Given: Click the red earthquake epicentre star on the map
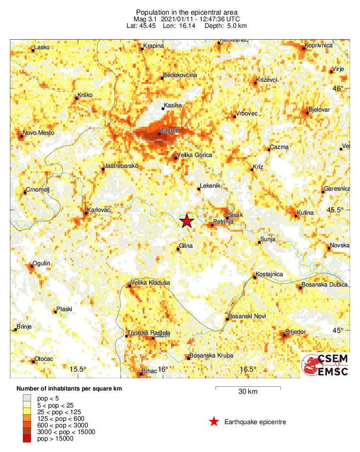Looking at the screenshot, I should point(187,221).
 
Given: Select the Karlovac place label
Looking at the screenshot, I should point(99,209).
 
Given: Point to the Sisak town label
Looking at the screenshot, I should point(235,215).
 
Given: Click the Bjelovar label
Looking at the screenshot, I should point(319,110).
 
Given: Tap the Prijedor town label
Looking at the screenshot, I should point(296,332).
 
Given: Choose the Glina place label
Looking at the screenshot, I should point(187,246).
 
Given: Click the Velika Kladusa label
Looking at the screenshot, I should point(150,283).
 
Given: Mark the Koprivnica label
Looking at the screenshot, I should point(319,45).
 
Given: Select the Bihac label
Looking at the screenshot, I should point(149,372).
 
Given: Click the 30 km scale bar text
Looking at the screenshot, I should point(248,391).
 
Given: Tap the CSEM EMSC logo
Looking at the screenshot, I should point(325,365).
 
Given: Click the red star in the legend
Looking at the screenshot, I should point(214,422).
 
